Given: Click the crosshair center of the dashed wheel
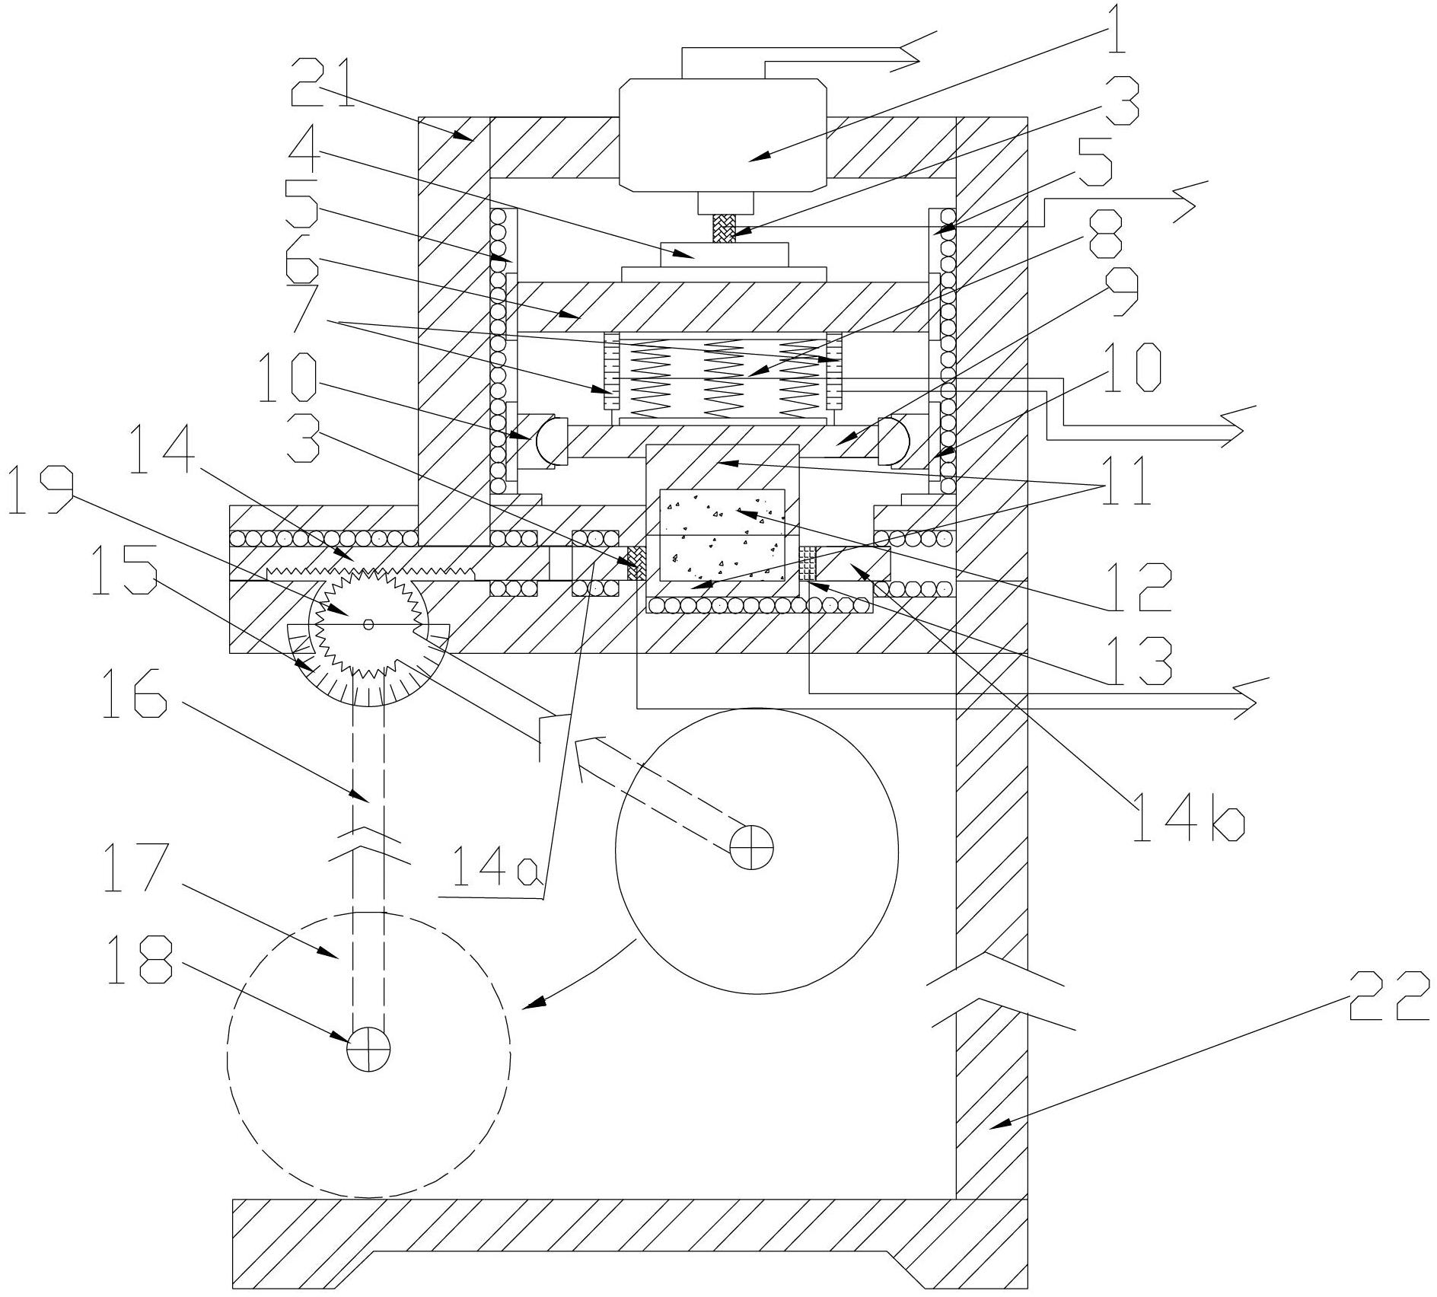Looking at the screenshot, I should pos(368,1053).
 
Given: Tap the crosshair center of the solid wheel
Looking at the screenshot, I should pos(752,846).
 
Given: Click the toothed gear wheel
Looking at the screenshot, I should pos(368,625).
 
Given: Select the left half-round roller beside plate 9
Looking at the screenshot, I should pos(550,440).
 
